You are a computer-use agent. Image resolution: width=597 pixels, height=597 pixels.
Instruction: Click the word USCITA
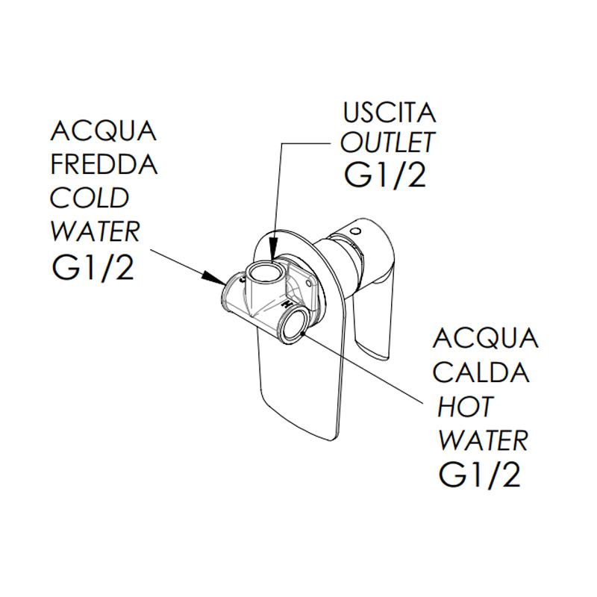click(389, 114)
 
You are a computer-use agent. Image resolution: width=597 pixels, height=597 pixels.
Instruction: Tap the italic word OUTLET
click(387, 142)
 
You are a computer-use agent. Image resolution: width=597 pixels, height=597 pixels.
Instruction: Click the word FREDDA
click(104, 164)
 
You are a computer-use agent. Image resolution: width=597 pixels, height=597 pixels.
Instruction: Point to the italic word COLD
click(90, 198)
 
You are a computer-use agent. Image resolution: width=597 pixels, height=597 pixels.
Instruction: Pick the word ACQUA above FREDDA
click(104, 131)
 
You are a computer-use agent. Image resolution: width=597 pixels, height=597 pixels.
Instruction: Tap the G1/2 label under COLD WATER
click(93, 267)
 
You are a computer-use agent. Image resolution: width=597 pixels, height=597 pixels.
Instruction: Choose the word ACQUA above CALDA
click(486, 338)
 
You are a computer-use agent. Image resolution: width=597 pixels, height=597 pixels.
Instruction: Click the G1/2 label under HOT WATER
click(478, 475)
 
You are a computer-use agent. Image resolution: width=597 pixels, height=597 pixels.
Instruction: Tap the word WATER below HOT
click(483, 440)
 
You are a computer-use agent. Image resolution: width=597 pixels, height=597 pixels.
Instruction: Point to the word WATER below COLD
click(95, 231)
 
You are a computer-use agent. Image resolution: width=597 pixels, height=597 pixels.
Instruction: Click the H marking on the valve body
click(285, 306)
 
